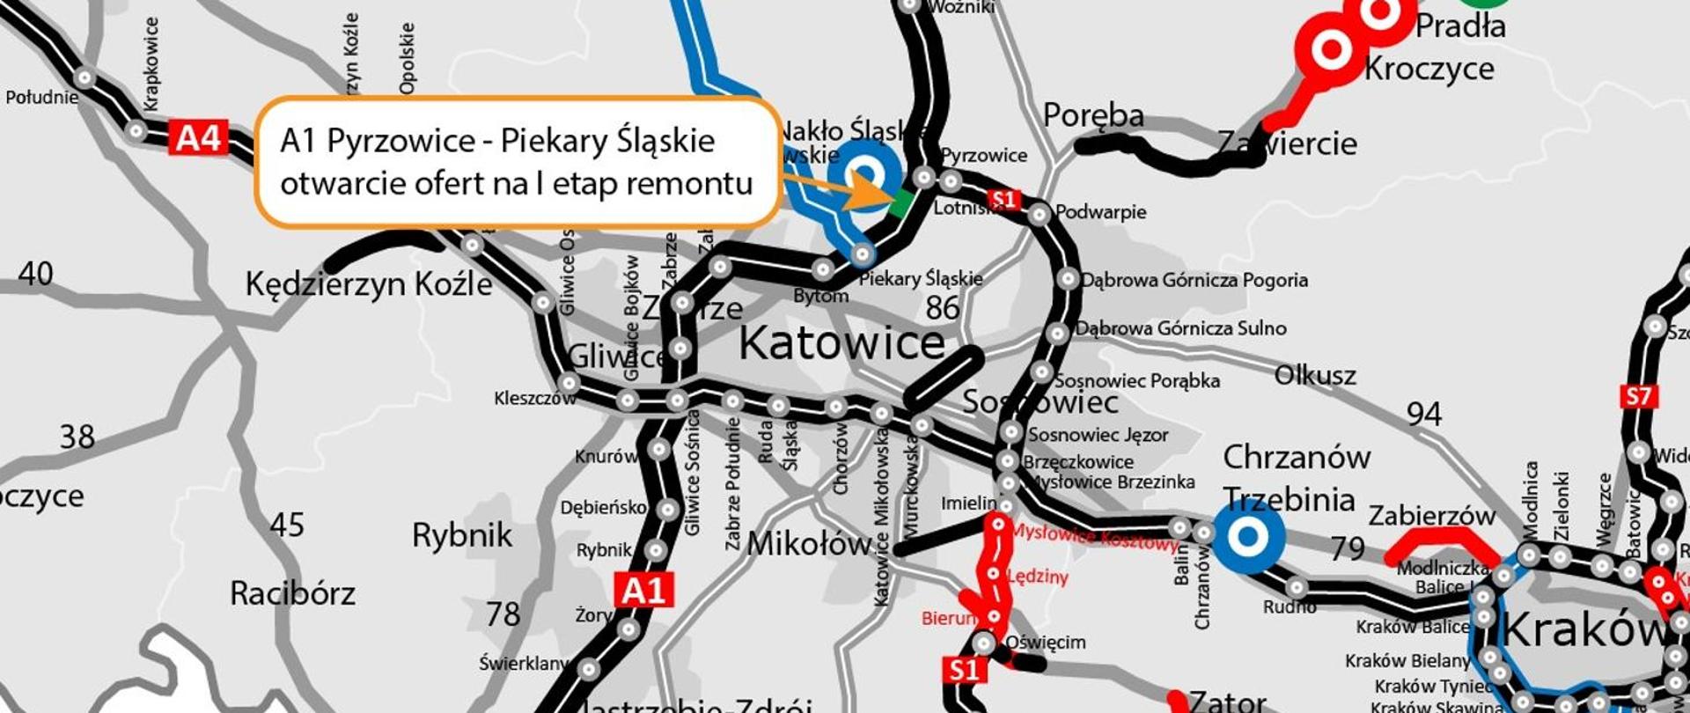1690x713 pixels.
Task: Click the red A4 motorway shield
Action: (x=198, y=138)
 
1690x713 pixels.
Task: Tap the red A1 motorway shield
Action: (x=644, y=590)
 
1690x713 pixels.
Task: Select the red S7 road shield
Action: (x=1638, y=396)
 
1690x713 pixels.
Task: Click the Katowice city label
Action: (x=841, y=343)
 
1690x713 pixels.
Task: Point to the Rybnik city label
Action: (x=462, y=535)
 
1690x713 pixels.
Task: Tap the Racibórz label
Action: (x=292, y=593)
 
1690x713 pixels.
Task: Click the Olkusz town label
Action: (x=1315, y=376)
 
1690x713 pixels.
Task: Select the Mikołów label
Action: (x=808, y=545)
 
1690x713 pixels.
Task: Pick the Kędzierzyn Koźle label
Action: (x=368, y=284)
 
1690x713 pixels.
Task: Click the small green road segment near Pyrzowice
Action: (x=900, y=205)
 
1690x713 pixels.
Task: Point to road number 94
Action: (x=1423, y=414)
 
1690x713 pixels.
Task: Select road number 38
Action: (x=77, y=437)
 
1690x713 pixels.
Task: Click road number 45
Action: (x=287, y=526)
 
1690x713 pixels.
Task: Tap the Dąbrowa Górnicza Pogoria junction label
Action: (x=1194, y=281)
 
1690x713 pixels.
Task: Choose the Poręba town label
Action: (x=1093, y=115)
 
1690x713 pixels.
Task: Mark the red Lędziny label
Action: (x=1038, y=577)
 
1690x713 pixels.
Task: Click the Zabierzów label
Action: (x=1431, y=515)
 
